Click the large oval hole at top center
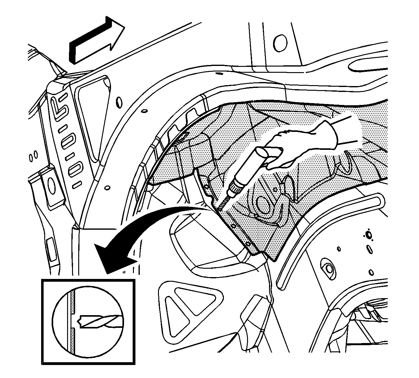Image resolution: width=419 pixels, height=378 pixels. (280, 42)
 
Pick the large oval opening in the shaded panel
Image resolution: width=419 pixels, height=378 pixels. (263, 205)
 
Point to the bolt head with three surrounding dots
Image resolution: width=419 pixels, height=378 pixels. (369, 234)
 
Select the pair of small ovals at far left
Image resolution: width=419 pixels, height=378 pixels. (33, 156)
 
